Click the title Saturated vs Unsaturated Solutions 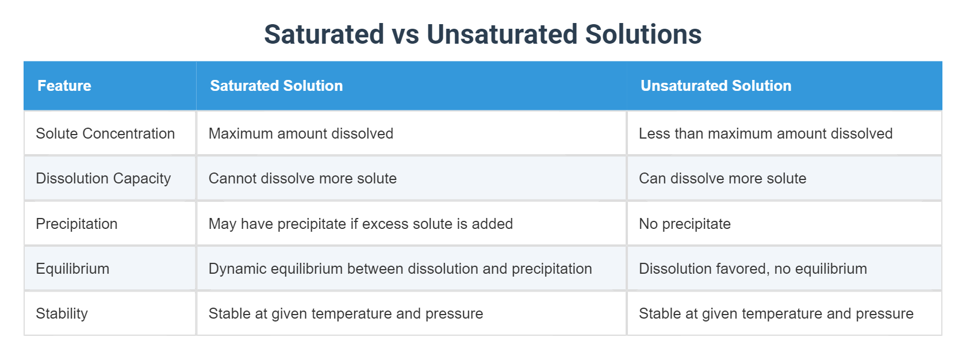(x=482, y=35)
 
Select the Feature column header (x=64, y=86)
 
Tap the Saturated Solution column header (x=276, y=86)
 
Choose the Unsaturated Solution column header (x=716, y=86)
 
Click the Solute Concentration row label (x=105, y=133)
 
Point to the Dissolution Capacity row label (x=103, y=178)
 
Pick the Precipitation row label (x=76, y=224)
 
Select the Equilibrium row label (x=72, y=269)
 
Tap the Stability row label (x=62, y=313)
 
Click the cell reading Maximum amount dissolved (x=301, y=133)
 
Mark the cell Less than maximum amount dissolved (x=765, y=133)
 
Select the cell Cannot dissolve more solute (x=302, y=178)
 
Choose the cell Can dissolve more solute (x=722, y=178)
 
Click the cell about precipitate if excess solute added (x=361, y=224)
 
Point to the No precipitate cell (x=685, y=224)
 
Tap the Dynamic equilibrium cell (x=400, y=269)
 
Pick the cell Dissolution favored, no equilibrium (x=753, y=269)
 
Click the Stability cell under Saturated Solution (x=346, y=313)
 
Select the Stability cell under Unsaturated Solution (x=776, y=313)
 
